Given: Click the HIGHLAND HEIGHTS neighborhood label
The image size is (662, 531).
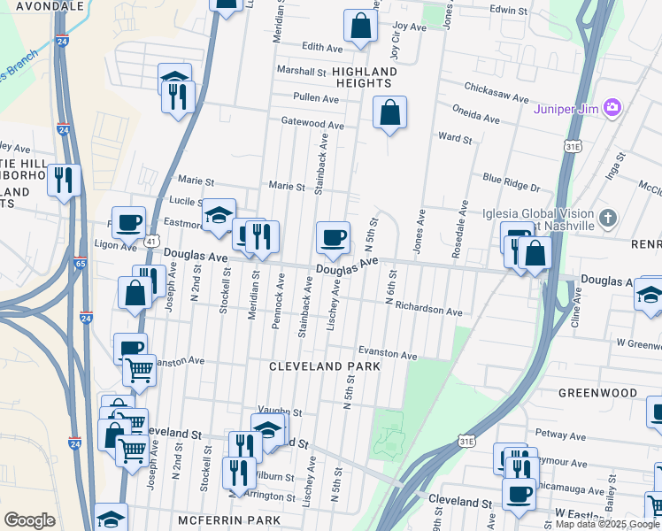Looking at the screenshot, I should click(x=366, y=77).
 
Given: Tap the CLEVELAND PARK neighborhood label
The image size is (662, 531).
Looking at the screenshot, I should click(x=325, y=366).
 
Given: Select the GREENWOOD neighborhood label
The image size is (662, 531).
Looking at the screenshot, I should click(x=597, y=392).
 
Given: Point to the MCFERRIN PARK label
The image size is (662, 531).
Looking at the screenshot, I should click(x=228, y=519).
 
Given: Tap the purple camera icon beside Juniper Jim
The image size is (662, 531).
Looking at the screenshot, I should click(x=612, y=108).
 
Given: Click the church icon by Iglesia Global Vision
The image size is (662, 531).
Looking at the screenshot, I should click(x=607, y=218).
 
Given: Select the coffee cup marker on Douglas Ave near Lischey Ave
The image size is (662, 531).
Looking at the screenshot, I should click(x=333, y=237).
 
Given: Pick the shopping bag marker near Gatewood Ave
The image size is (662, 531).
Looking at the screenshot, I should click(x=389, y=112).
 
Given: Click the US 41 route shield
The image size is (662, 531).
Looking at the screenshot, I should click(x=152, y=241).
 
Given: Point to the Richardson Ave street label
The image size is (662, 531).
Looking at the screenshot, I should click(x=429, y=312).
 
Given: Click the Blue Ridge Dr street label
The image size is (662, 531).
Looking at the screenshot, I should click(x=511, y=188).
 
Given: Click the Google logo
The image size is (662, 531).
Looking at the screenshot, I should click(x=29, y=520).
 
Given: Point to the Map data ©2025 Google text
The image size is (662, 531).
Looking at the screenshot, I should click(x=607, y=524).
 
